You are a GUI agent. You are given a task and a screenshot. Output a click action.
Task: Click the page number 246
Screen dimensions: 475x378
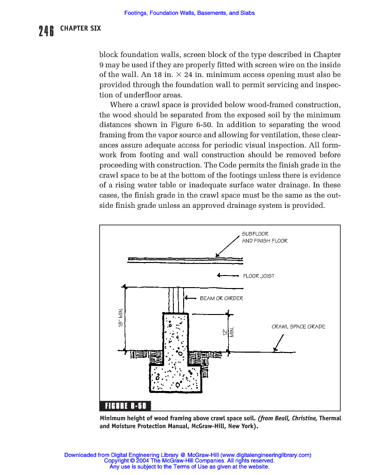[x=46, y=31]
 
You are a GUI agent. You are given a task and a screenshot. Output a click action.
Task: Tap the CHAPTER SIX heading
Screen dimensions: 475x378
[x=80, y=28]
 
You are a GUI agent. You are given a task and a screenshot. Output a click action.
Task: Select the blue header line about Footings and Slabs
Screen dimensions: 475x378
[x=189, y=13]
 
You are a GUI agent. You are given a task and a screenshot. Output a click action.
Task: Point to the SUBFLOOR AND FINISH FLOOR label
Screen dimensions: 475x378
[x=264, y=237]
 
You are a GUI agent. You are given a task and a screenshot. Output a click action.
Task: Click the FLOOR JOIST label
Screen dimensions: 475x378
[x=259, y=276]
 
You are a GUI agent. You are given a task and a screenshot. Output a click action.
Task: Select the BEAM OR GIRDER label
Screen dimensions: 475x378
[x=221, y=298]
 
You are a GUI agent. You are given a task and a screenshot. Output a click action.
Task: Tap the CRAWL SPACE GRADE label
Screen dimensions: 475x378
[x=298, y=327]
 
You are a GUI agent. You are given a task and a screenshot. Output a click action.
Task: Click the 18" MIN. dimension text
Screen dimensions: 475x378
[x=120, y=318]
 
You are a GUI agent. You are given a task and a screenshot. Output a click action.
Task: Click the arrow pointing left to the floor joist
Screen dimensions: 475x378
[x=227, y=276]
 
